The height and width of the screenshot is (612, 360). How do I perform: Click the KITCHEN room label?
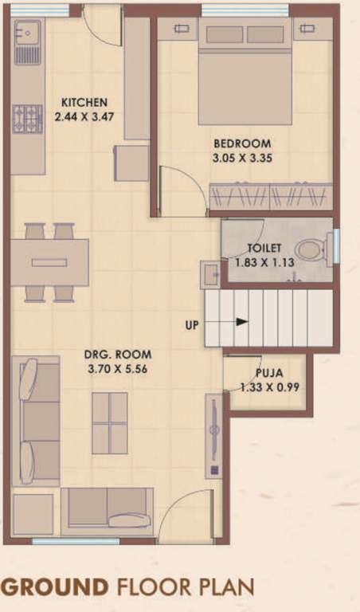coord(84,102)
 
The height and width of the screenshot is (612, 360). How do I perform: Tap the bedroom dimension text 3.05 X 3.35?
coord(242,158)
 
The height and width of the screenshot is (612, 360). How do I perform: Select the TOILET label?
coord(263,247)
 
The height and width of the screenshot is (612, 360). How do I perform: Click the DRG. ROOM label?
coord(118,354)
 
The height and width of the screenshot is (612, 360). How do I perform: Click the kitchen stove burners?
coord(27,118)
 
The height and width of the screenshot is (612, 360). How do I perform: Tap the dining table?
coord(49,262)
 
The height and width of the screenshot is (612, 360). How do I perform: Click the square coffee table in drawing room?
coord(110,422)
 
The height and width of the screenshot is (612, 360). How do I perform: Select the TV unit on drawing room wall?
coord(213,435)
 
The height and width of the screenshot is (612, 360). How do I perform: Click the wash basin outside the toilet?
coord(209,275)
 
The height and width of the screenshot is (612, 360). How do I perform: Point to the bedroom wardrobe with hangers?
coord(270,195)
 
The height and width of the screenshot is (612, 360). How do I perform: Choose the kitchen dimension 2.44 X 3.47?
coord(84,116)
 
